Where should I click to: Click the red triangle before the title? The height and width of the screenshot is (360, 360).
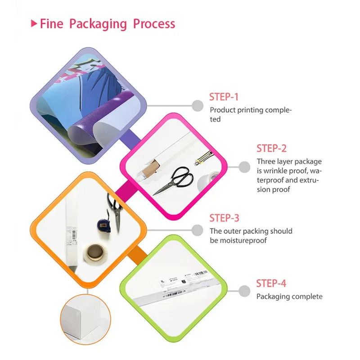coord(34,23)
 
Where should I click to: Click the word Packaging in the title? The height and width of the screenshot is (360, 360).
coord(98,24)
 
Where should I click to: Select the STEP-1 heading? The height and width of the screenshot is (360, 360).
coord(224,97)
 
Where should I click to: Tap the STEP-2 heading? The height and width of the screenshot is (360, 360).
coord(271,148)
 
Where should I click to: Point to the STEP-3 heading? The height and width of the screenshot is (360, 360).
coord(224,218)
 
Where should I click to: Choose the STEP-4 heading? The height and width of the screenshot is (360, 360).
coord(271,283)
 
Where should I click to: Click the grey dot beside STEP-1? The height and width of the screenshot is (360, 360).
coord(198,106)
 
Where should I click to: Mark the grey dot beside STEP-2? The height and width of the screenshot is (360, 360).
coord(244,167)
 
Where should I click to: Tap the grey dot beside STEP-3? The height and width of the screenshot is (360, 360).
coord(198,230)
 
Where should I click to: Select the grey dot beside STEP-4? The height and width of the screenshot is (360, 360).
coord(244,291)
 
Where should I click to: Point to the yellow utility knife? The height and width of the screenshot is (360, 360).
coord(204,158)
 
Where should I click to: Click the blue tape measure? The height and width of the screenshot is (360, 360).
coord(104,226)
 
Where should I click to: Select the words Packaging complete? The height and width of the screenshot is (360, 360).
coord(289,297)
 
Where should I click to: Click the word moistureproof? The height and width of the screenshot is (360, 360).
coord(238,240)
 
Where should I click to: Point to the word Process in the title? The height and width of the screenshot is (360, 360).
coord(154,24)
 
